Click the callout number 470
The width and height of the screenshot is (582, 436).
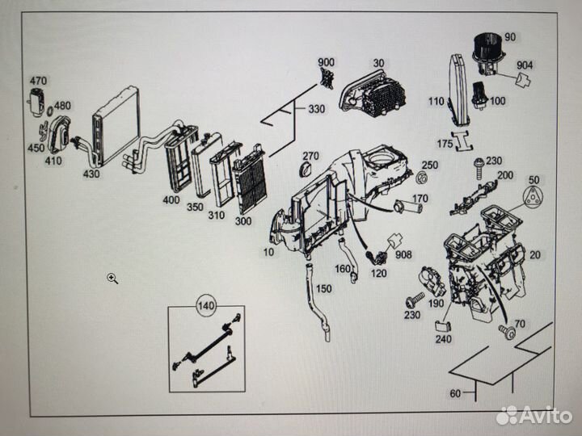coord(39,81)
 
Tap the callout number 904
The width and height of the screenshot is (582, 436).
coord(525,64)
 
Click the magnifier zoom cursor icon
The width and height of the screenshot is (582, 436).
coord(112,279)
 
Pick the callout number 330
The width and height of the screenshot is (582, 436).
coord(316,109)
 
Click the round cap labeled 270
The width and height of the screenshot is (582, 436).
coord(306,169)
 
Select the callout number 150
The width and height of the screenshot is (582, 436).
coord(323,288)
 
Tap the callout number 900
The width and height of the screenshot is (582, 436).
coord(326,63)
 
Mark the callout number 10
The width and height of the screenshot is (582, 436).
coord(268,252)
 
